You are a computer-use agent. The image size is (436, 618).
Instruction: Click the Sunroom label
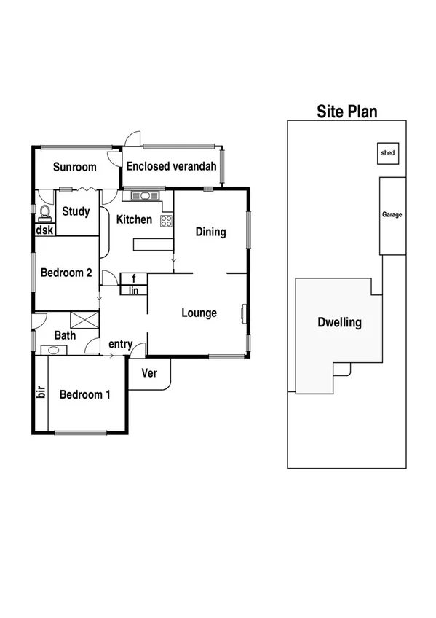pyautogui.click(x=75, y=167)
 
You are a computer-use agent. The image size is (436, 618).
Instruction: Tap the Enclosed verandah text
pyautogui.click(x=171, y=166)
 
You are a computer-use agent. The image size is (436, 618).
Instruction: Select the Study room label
pyautogui.click(x=76, y=212)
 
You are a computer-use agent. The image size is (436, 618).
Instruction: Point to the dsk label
pyautogui.click(x=44, y=230)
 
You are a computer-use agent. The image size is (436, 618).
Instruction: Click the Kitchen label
pyautogui.click(x=135, y=219)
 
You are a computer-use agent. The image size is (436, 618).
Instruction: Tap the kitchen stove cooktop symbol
pyautogui.click(x=166, y=220)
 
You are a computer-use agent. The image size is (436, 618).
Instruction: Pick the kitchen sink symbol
pyautogui.click(x=142, y=195)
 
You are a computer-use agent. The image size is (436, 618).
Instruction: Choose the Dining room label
pyautogui.click(x=211, y=232)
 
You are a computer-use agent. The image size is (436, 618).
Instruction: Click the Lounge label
pyautogui.click(x=199, y=313)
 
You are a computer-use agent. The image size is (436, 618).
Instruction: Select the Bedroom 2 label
pyautogui.click(x=66, y=273)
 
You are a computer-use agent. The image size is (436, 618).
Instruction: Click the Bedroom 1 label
pyautogui.click(x=85, y=394)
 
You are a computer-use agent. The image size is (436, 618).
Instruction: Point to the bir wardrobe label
pyautogui.click(x=41, y=392)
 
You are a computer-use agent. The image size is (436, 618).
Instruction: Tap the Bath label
pyautogui.click(x=65, y=336)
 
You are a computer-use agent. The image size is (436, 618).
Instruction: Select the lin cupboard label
pyautogui.click(x=134, y=290)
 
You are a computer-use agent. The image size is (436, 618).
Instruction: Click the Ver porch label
pyautogui.click(x=149, y=373)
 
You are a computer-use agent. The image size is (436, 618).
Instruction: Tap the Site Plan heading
pyautogui.click(x=346, y=112)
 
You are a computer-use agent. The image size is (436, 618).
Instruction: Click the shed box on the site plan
pyautogui.click(x=387, y=153)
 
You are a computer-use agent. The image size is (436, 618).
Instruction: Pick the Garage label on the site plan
pyautogui.click(x=392, y=214)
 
